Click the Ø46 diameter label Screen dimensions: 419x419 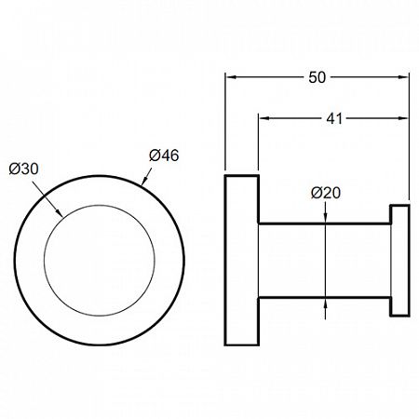(164, 155)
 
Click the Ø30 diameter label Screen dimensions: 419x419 (24, 169)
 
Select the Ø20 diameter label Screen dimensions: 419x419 (326, 193)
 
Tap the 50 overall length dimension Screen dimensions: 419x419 (318, 77)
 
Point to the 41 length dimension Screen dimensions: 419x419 (334, 118)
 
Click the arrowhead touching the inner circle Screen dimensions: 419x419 (59, 212)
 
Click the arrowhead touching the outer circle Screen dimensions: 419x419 (144, 181)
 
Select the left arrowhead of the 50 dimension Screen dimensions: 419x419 (231, 77)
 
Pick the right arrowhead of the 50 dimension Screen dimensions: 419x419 (403, 77)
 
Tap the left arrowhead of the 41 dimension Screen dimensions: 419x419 (264, 118)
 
